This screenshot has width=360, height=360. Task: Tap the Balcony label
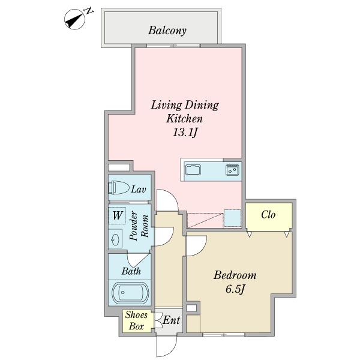(167, 31)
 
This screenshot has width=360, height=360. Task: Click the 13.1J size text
(185, 133)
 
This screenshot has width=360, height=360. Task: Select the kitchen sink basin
(193, 170)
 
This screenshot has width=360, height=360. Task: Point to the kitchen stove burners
(232, 170)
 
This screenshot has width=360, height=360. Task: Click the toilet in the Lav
(119, 187)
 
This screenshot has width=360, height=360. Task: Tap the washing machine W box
(117, 215)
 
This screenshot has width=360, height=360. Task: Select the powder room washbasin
(115, 239)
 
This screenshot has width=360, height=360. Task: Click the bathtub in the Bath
(130, 293)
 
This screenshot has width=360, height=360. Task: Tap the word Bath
(131, 271)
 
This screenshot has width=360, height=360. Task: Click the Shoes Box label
(136, 320)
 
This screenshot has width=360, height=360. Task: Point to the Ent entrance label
(171, 320)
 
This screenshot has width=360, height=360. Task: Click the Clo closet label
(268, 215)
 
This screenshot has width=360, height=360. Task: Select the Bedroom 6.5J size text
(235, 289)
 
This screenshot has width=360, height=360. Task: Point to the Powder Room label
(139, 226)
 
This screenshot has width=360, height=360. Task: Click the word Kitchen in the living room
(185, 119)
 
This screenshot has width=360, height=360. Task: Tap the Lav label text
(139, 190)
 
